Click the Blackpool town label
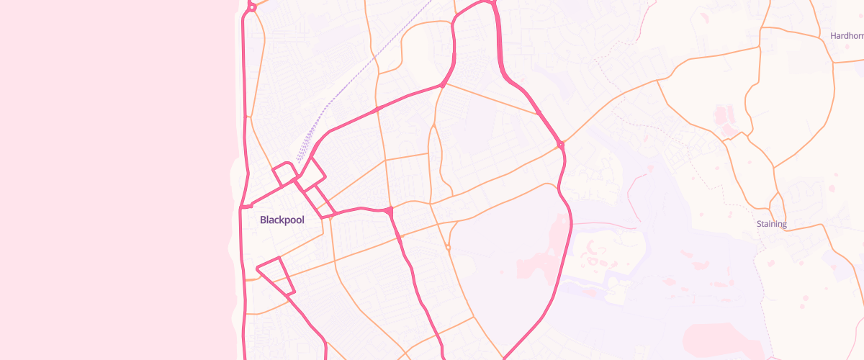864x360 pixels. click(x=282, y=220)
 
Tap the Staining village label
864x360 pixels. click(x=771, y=224)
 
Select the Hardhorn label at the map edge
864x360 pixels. click(x=846, y=35)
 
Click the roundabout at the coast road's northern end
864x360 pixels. click(x=251, y=8)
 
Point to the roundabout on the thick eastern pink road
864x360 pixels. click(x=560, y=145)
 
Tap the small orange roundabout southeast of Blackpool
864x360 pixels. click(x=448, y=248)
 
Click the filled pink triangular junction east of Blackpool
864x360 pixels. click(x=389, y=211)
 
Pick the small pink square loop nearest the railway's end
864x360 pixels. click(x=284, y=174)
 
